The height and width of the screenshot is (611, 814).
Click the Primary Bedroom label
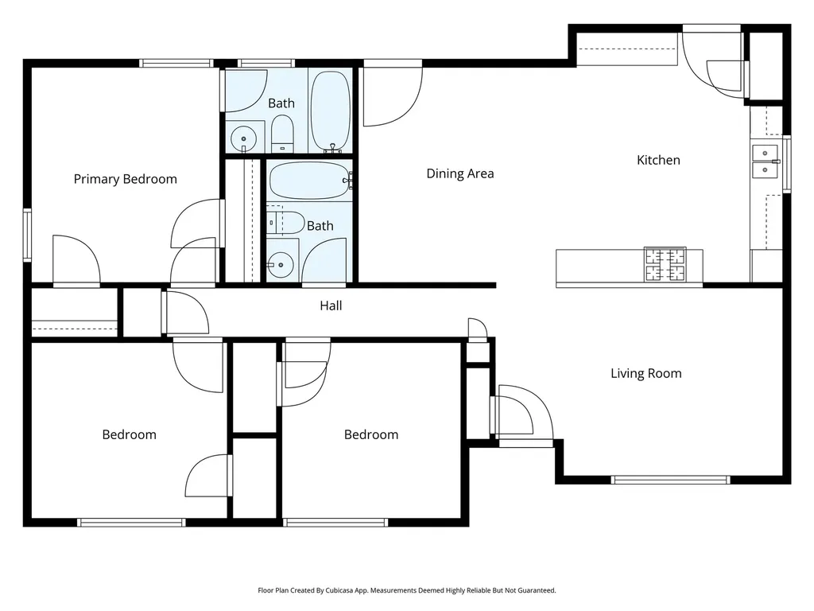tap(125, 179)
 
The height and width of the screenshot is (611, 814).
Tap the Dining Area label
tap(460, 173)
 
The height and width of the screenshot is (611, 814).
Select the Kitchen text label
tap(658, 160)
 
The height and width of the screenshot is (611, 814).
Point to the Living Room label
tap(645, 374)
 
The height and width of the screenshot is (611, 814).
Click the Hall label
tap(331, 305)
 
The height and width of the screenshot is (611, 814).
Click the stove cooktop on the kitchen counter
tap(665, 264)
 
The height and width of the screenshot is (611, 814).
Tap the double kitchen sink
tap(766, 162)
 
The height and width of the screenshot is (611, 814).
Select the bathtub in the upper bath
tap(330, 111)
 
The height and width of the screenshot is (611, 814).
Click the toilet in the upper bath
tap(282, 134)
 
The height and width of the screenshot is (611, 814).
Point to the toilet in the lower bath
tap(285, 224)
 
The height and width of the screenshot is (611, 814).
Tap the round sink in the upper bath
tap(243, 138)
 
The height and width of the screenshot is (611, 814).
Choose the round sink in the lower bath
tap(281, 265)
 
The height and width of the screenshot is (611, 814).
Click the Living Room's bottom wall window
tap(670, 480)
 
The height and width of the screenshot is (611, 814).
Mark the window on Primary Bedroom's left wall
tap(27, 235)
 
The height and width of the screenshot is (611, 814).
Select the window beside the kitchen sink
tap(787, 164)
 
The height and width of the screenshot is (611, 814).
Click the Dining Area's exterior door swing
tap(393, 93)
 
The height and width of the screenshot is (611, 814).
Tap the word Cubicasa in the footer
tap(341, 590)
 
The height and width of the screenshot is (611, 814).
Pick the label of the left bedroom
tap(130, 435)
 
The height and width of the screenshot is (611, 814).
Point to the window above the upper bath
tap(266, 64)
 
